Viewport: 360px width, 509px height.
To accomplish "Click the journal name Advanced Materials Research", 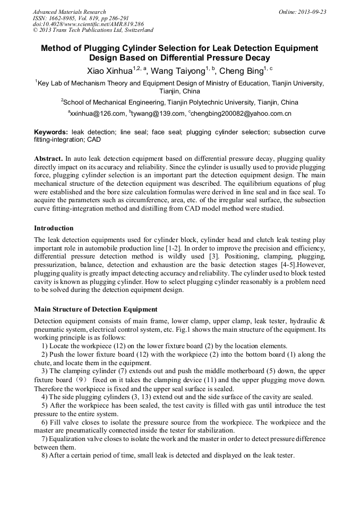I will pyautogui.click(x=69, y=12).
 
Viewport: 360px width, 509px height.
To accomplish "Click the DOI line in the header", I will pyautogui.click(x=88, y=24).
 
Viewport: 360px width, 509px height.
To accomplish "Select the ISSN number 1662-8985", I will pyautogui.click(x=64, y=18).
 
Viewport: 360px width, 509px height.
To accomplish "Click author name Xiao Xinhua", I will pyautogui.click(x=109, y=71).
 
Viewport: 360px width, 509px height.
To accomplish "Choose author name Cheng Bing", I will pyautogui.click(x=242, y=71).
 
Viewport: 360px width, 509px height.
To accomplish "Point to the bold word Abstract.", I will pyautogui.click(x=48, y=159).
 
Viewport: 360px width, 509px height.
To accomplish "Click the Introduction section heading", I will pyautogui.click(x=54, y=228).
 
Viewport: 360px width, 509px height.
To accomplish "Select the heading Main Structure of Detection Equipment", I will pyautogui.click(x=96, y=309).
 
